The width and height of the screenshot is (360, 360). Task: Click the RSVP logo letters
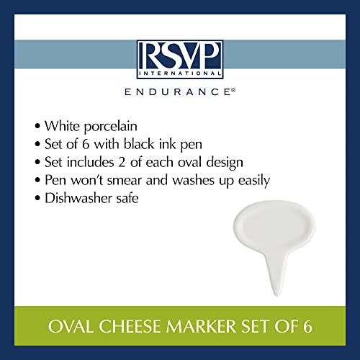pos(180,56)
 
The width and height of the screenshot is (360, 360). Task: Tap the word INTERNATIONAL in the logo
pos(180,73)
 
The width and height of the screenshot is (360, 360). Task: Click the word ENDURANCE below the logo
pos(178,92)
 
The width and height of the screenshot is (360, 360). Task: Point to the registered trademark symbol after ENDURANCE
pos(233,90)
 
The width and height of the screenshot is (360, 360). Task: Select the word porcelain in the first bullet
pos(111,127)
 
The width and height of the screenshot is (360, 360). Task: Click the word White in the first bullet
pos(62,125)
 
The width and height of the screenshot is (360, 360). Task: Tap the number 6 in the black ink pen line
pos(86,145)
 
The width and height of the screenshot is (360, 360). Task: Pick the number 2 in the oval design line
pos(122,162)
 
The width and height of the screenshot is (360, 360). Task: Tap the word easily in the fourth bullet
pos(254,181)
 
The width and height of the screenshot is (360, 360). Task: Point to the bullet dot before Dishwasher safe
pos(37,199)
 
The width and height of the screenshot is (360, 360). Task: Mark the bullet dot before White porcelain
pos(37,126)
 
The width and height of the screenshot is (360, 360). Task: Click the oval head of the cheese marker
pos(274,226)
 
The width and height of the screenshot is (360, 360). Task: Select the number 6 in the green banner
pos(307,326)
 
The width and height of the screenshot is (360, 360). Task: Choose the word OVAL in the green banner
pos(71,326)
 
